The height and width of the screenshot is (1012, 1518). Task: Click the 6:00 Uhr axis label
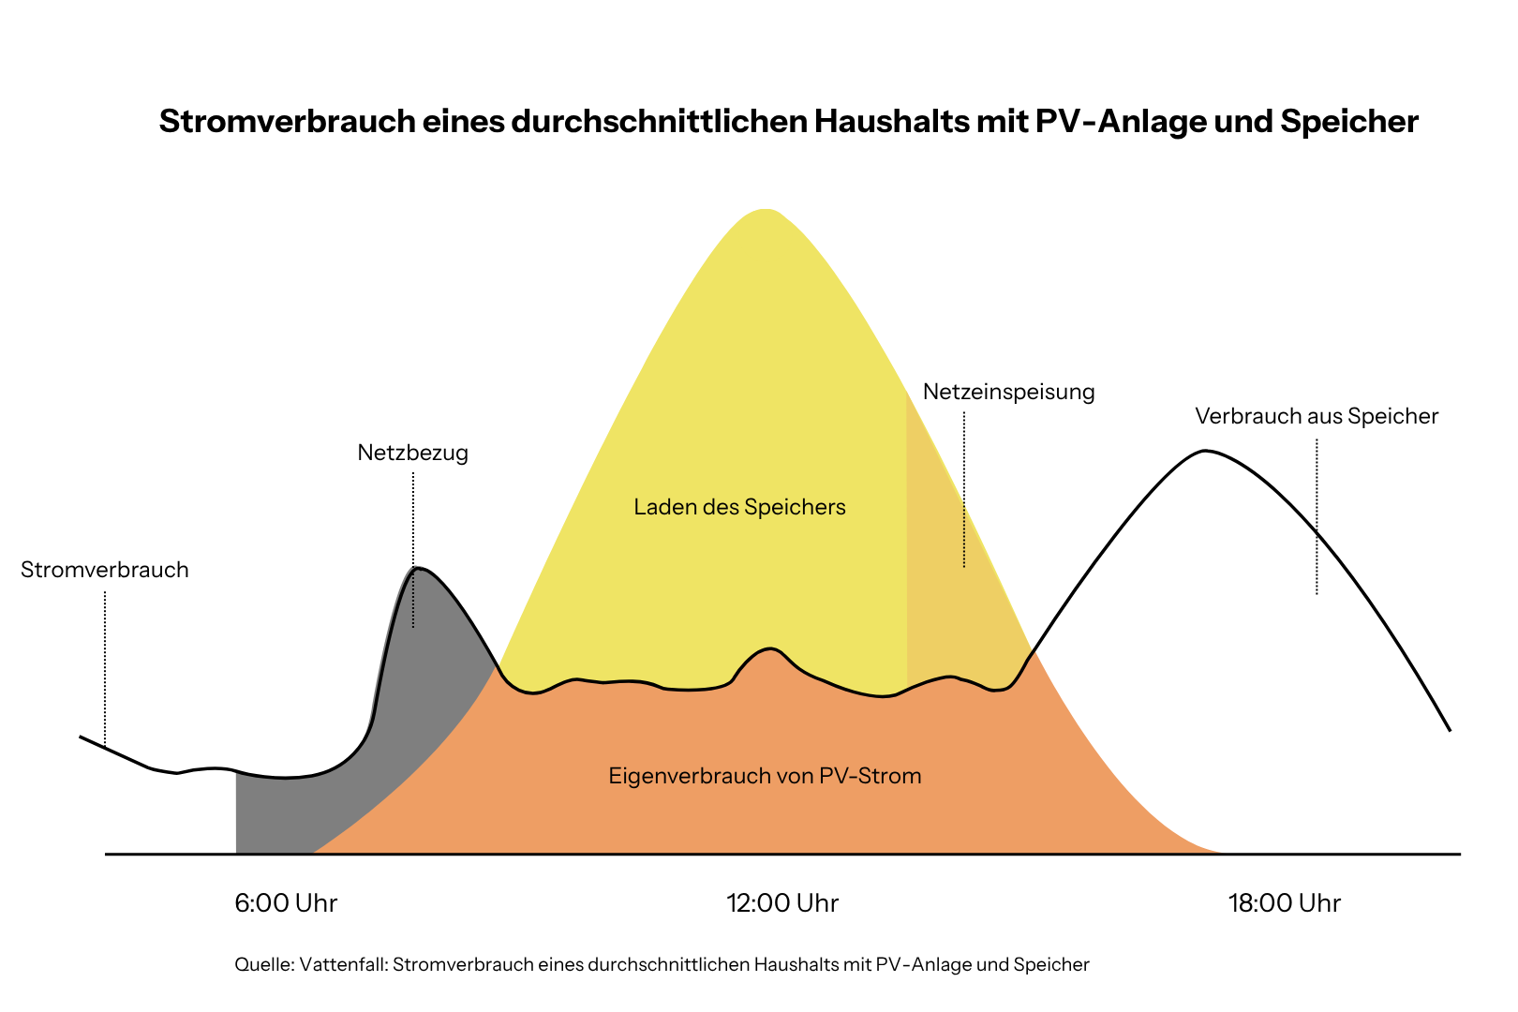pos(285,903)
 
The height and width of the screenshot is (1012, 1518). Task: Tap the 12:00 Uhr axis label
pos(781,903)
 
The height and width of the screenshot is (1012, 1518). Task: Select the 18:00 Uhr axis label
pos(1284,903)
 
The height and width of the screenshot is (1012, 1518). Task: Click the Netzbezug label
pos(412,453)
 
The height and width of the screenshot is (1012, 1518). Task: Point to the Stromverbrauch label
pos(105,570)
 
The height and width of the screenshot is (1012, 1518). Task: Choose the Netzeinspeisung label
pos(1008,392)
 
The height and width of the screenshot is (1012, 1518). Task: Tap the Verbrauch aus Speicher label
pos(1316,416)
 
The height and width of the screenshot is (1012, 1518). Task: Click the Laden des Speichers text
pos(739,507)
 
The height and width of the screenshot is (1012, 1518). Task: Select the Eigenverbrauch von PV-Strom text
pos(765,776)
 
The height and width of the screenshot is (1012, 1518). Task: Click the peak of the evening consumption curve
pos(1206,451)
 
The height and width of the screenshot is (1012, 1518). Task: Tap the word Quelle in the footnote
pos(263,964)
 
